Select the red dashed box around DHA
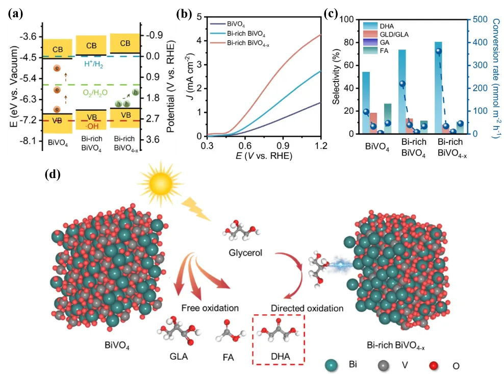[279, 338]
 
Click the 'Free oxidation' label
[210, 308]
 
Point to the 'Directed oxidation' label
[307, 308]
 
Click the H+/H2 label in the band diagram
[95, 63]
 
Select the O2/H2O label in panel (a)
[94, 92]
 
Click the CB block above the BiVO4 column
[58, 46]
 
